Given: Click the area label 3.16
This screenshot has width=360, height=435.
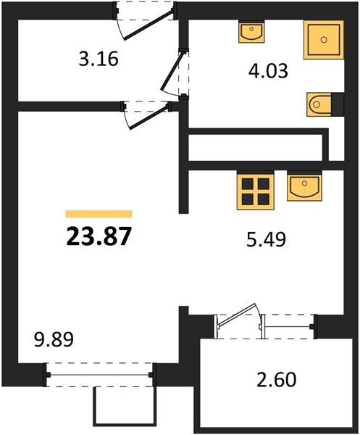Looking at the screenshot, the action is click(99, 59).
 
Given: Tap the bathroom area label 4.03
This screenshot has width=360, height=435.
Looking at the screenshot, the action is click(268, 71).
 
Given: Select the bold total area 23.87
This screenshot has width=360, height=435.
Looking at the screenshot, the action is click(99, 236).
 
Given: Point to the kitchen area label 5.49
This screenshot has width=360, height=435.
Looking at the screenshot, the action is click(266, 239).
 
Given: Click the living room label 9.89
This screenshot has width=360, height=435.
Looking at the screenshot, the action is click(54, 339).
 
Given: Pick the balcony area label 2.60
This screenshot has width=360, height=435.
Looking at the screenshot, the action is click(276, 379).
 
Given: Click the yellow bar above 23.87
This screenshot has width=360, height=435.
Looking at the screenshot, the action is click(99, 214).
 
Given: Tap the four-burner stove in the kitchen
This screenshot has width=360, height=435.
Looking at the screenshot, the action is click(255, 190).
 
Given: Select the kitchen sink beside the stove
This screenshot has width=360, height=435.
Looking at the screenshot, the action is click(304, 186).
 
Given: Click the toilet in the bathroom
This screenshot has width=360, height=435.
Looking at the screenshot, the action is click(319, 104).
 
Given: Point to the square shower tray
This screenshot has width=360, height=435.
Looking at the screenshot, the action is click(324, 40).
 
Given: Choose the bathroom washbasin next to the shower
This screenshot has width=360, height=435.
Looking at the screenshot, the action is click(251, 31).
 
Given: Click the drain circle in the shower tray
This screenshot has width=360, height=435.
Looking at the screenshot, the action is click(324, 40).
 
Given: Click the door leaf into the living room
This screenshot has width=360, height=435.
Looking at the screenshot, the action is click(150, 117).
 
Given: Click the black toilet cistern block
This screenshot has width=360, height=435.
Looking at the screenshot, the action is click(338, 104).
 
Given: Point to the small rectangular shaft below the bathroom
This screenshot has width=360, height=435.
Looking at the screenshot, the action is click(255, 147).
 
